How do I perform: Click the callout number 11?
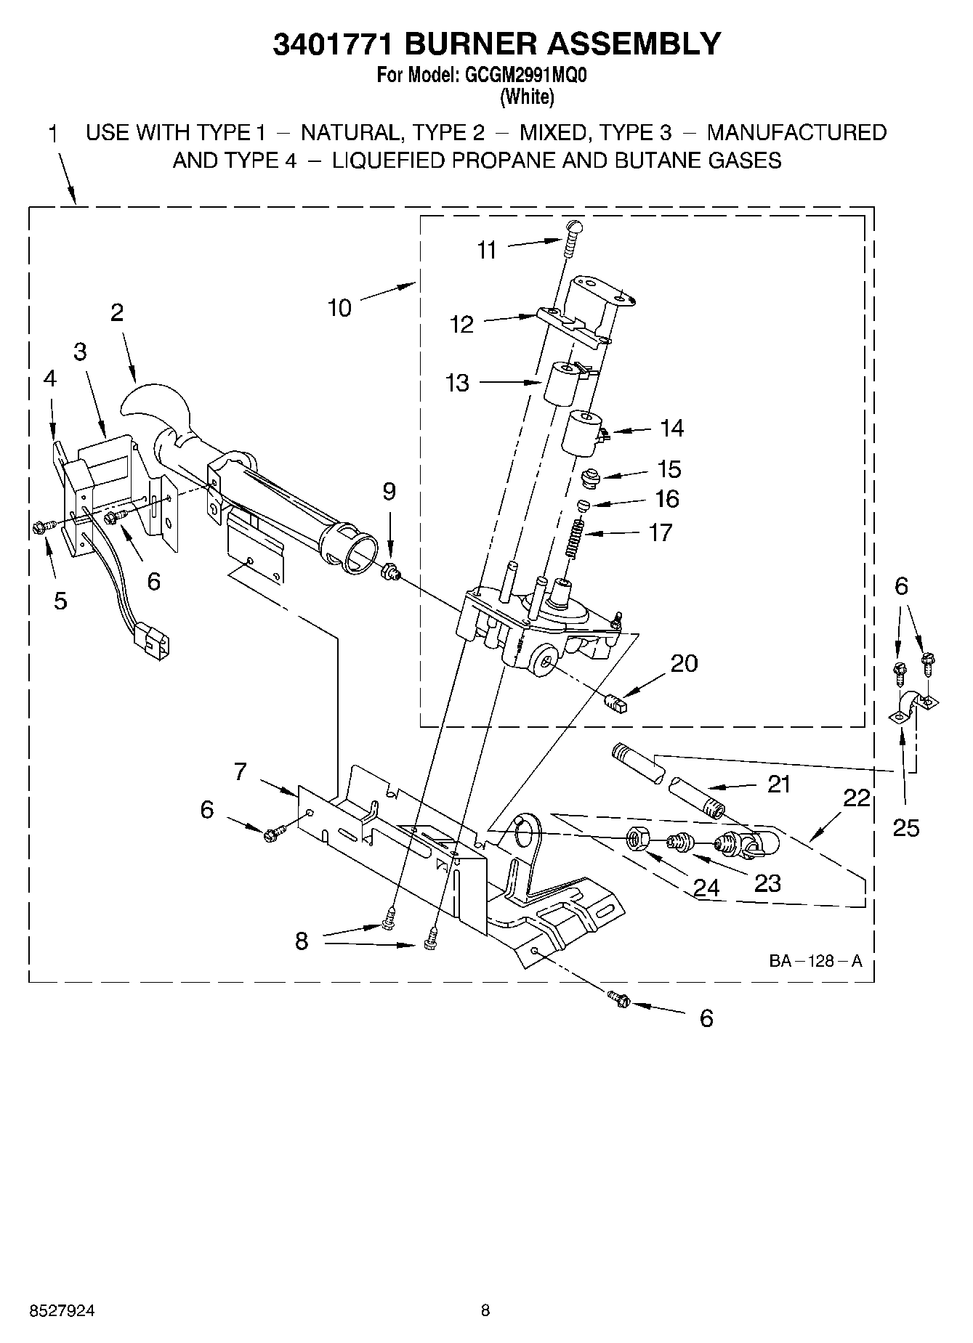point(486,250)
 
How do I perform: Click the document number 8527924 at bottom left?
point(62,1310)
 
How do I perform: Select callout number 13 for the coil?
point(457,383)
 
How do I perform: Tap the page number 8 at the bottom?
point(485,1310)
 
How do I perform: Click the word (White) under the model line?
point(527,96)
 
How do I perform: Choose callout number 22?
point(857,798)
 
